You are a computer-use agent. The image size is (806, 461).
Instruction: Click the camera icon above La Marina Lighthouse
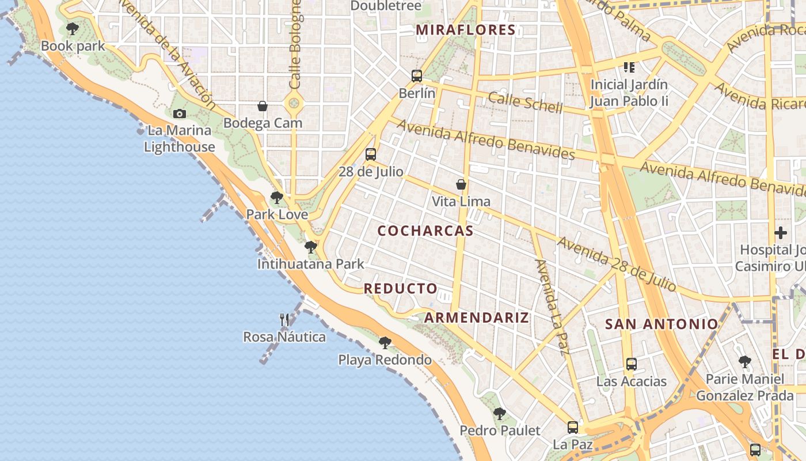pyautogui.click(x=180, y=114)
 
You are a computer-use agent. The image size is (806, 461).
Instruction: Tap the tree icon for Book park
pyautogui.click(x=73, y=28)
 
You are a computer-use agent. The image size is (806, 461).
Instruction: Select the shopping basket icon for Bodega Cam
pyautogui.click(x=263, y=106)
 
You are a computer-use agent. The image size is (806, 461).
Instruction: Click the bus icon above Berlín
pyautogui.click(x=417, y=75)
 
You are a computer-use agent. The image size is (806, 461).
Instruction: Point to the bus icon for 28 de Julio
pyautogui.click(x=371, y=154)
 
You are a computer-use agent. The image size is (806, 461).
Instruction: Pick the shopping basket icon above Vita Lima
pyautogui.click(x=461, y=184)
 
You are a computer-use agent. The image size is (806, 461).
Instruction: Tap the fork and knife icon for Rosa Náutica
pyautogui.click(x=284, y=320)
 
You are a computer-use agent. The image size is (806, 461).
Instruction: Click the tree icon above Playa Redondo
pyautogui.click(x=385, y=343)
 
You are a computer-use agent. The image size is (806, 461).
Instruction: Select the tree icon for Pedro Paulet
pyautogui.click(x=500, y=413)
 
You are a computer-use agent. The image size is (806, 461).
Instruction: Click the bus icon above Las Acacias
pyautogui.click(x=632, y=364)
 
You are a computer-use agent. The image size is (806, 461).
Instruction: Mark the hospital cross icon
pyautogui.click(x=781, y=233)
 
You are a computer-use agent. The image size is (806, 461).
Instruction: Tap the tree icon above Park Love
pyautogui.click(x=277, y=198)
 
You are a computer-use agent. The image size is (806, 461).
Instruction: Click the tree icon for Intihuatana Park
pyautogui.click(x=311, y=247)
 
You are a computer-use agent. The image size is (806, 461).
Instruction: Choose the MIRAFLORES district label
pyautogui.click(x=465, y=30)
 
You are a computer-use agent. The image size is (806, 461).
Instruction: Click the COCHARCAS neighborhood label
pyautogui.click(x=425, y=231)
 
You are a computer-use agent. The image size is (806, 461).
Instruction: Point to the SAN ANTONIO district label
pyautogui.click(x=661, y=324)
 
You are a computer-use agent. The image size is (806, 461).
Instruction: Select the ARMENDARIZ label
pyautogui.click(x=477, y=318)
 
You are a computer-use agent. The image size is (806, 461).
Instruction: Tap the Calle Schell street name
pyautogui.click(x=525, y=103)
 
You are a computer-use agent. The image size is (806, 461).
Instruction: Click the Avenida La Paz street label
pyautogui.click(x=552, y=307)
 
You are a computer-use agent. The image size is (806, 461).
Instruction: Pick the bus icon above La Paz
pyautogui.click(x=573, y=427)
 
